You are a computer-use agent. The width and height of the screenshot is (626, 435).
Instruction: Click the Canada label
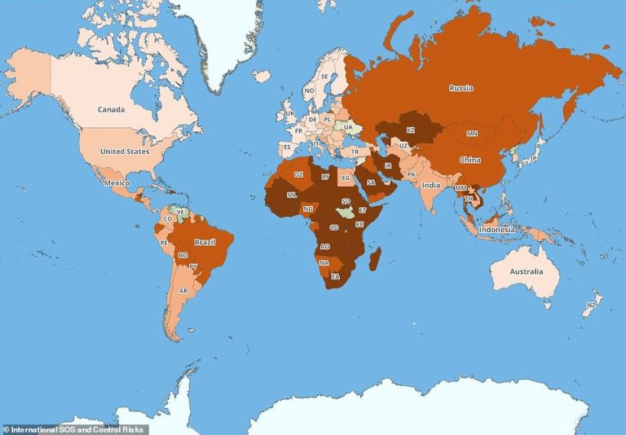(111, 109)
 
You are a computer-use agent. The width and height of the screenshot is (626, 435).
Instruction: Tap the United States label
(125, 152)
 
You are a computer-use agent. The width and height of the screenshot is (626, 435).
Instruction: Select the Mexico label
(117, 183)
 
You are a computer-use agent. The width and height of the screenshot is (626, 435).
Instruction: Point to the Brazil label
(204, 242)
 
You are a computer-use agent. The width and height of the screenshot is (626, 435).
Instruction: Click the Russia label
(461, 88)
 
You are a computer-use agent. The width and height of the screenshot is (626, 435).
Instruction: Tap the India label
(431, 185)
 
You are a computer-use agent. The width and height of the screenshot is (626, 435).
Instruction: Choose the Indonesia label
(496, 230)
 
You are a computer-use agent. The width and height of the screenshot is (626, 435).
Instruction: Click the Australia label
(527, 270)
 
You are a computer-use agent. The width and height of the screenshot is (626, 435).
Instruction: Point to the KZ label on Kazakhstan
(411, 130)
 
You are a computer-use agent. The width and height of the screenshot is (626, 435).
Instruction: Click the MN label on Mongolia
(472, 133)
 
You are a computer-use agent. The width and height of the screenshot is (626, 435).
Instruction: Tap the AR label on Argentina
(183, 291)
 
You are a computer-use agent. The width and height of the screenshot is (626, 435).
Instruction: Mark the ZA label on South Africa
(335, 276)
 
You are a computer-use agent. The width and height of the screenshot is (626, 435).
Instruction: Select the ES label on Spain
(286, 147)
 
